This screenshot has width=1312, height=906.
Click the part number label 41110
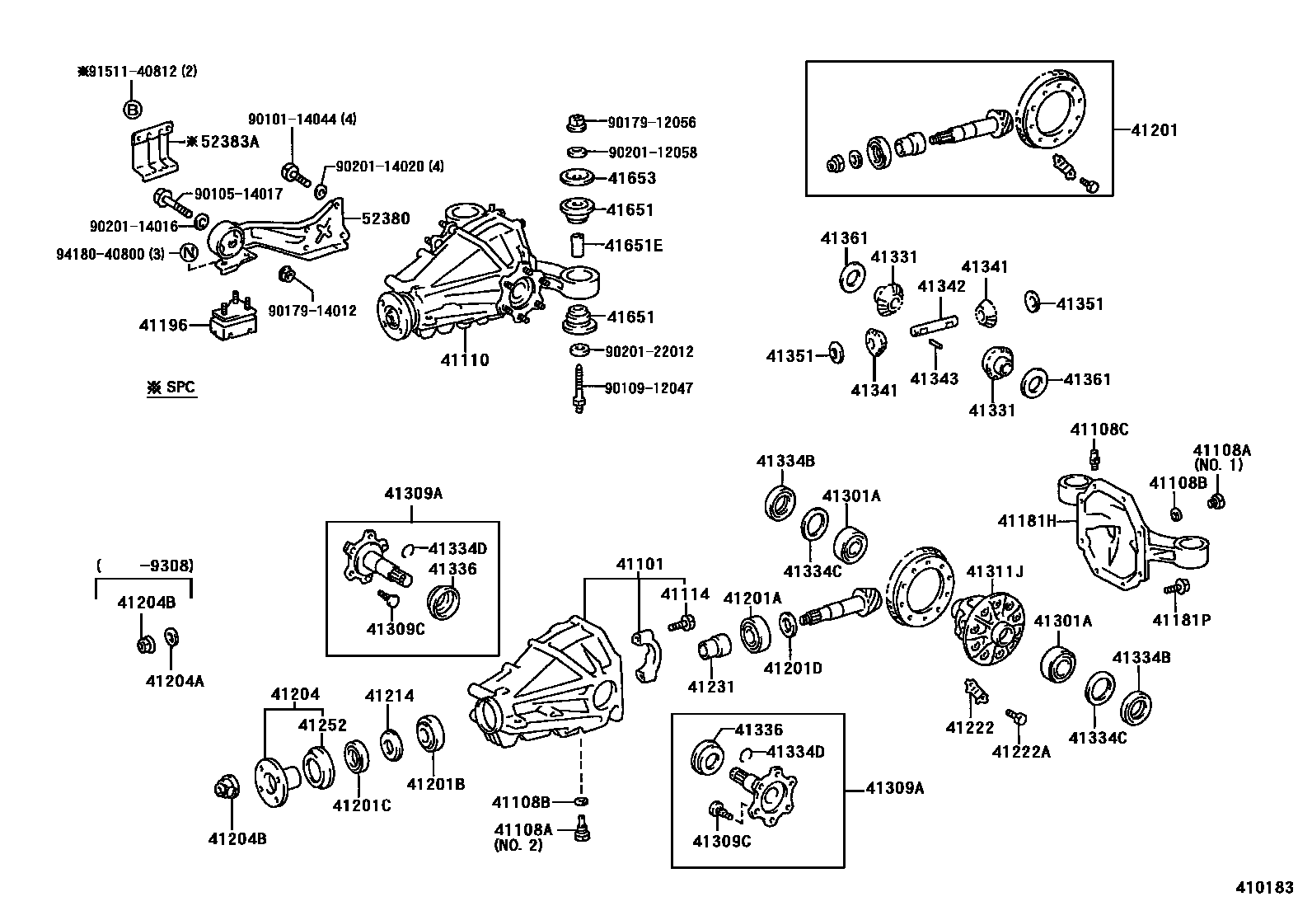(x=464, y=360)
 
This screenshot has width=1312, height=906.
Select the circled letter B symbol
(x=133, y=109)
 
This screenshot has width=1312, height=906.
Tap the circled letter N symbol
(x=189, y=252)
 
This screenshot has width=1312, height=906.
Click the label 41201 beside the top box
(x=1154, y=130)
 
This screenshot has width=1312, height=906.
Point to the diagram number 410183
(x=1264, y=888)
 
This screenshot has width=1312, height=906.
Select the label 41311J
(x=994, y=571)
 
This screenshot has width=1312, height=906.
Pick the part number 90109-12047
(x=649, y=388)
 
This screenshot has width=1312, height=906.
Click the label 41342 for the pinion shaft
(x=941, y=287)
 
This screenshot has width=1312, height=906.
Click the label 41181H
(x=1026, y=521)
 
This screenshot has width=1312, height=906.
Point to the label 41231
(x=710, y=687)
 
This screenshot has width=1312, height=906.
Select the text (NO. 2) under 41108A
(x=518, y=845)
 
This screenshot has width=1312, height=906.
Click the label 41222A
(x=1021, y=752)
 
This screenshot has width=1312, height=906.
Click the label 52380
(x=385, y=218)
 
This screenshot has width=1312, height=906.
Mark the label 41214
(x=389, y=696)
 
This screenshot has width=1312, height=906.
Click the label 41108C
(x=1099, y=430)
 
